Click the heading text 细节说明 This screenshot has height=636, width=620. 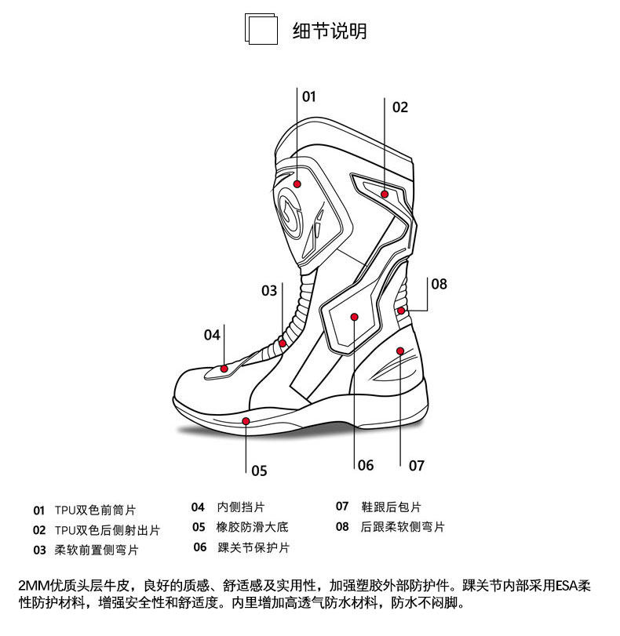coord(330,31)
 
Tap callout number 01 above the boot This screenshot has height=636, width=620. coord(308,96)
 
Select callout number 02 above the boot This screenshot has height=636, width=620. coord(400,107)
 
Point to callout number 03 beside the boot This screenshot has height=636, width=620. coord(269,291)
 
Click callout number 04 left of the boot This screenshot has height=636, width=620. coord(212,335)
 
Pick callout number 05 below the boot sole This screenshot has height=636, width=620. coord(259,471)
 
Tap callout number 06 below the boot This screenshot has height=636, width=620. coord(366,465)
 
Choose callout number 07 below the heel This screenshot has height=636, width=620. coord(417,465)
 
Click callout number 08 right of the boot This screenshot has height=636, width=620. coord(439,284)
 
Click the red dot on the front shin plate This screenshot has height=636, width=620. coord(298,184)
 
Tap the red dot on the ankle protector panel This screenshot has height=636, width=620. coord(355,318)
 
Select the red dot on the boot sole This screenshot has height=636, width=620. coord(246,421)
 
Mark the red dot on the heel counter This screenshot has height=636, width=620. coord(401,351)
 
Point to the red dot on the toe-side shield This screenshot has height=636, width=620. coord(224,368)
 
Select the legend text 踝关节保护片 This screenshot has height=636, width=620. coord(253,547)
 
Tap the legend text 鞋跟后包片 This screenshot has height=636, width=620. coord(391,507)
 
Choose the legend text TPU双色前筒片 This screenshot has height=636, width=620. coord(95,510)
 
